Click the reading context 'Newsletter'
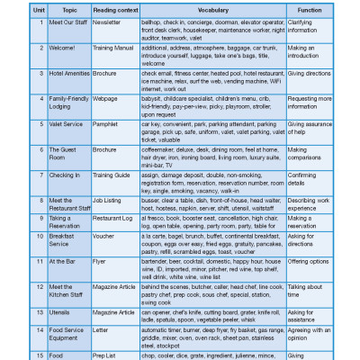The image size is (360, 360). [111, 20]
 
